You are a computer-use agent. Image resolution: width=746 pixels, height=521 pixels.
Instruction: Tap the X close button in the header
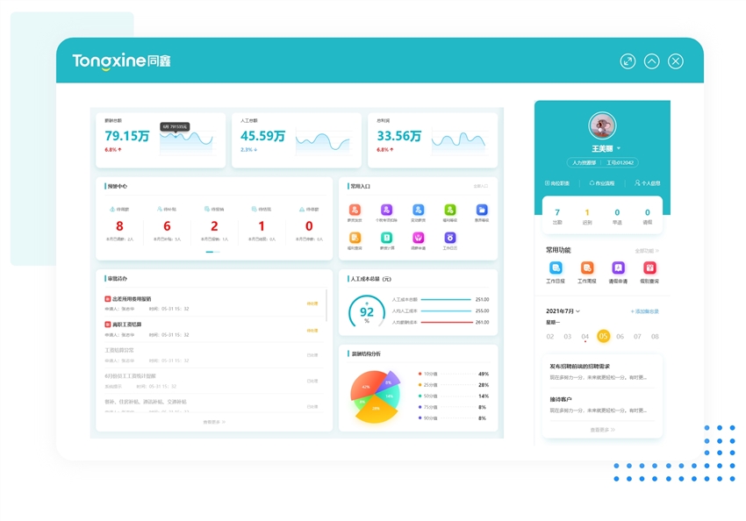(x=675, y=61)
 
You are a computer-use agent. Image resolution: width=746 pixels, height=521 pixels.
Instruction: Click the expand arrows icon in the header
(x=628, y=61)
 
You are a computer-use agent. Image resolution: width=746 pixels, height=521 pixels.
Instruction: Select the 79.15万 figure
(x=126, y=136)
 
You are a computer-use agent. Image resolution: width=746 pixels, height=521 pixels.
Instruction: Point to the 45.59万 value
(x=262, y=136)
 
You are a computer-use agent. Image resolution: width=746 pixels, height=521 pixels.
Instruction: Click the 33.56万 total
(x=398, y=136)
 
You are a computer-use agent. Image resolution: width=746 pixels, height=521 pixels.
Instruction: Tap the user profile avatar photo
(x=602, y=125)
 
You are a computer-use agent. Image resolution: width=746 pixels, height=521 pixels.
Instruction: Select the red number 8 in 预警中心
(x=119, y=226)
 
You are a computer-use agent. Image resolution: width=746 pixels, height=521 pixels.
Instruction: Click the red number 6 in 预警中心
(x=167, y=226)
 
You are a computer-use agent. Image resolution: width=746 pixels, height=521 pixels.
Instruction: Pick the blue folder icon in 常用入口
(x=482, y=211)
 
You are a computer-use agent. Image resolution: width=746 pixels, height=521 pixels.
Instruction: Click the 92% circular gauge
(x=367, y=312)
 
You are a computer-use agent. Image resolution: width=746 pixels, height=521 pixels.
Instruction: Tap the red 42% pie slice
(x=365, y=387)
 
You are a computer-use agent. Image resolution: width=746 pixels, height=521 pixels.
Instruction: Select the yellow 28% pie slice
(x=376, y=409)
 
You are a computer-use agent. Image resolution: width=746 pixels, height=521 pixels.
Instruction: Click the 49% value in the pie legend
(x=483, y=374)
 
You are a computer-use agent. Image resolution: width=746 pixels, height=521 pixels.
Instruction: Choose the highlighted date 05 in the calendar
(x=603, y=336)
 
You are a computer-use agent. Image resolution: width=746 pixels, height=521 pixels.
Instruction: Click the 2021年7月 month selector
(x=563, y=311)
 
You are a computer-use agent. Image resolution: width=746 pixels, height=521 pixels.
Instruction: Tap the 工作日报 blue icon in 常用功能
(x=556, y=268)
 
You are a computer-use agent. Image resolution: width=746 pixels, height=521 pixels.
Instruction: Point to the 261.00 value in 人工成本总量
(x=482, y=322)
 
